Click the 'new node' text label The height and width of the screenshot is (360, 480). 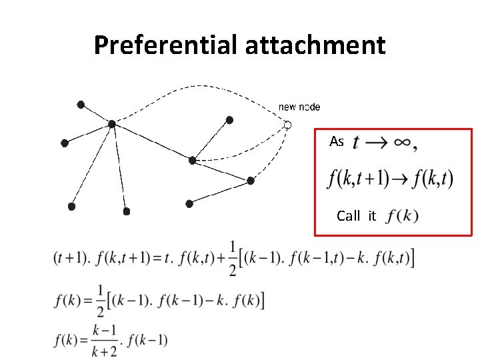299,107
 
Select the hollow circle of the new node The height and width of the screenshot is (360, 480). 288,125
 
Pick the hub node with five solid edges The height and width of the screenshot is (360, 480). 112,123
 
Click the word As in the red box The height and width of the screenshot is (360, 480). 337,141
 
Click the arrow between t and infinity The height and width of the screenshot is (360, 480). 378,143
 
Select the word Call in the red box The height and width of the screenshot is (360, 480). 348,215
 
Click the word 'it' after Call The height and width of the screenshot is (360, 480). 372,215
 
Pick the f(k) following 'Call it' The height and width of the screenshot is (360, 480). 402,216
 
